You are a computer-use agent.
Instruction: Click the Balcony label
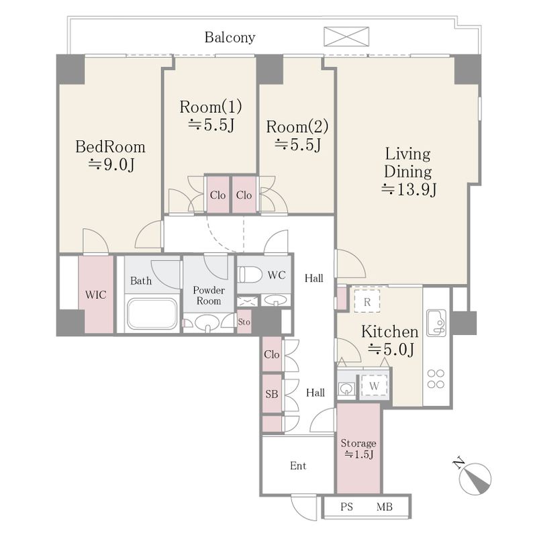point(230,37)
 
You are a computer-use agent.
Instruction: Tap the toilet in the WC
point(246,275)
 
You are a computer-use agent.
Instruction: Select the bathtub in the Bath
point(152,313)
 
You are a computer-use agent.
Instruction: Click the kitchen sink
point(436,323)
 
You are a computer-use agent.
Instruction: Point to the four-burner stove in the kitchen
point(436,379)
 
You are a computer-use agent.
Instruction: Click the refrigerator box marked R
point(367,301)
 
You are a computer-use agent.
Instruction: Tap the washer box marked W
point(374,385)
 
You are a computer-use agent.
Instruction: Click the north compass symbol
point(476,477)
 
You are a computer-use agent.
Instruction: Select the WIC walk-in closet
point(96,295)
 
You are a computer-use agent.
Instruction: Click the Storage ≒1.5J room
point(358,448)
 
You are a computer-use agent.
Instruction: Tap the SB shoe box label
point(272,394)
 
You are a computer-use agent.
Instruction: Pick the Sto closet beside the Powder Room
point(244,322)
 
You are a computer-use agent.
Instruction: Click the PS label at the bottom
point(346,507)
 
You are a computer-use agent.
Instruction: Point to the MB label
point(384,507)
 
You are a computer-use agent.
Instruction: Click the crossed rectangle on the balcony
point(346,36)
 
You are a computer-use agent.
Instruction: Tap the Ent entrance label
point(298,465)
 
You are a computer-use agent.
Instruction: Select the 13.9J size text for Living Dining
point(409,189)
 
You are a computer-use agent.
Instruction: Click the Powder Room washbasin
point(207,323)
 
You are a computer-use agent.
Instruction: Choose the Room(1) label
point(211,107)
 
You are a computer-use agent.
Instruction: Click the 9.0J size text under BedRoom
point(111,164)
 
